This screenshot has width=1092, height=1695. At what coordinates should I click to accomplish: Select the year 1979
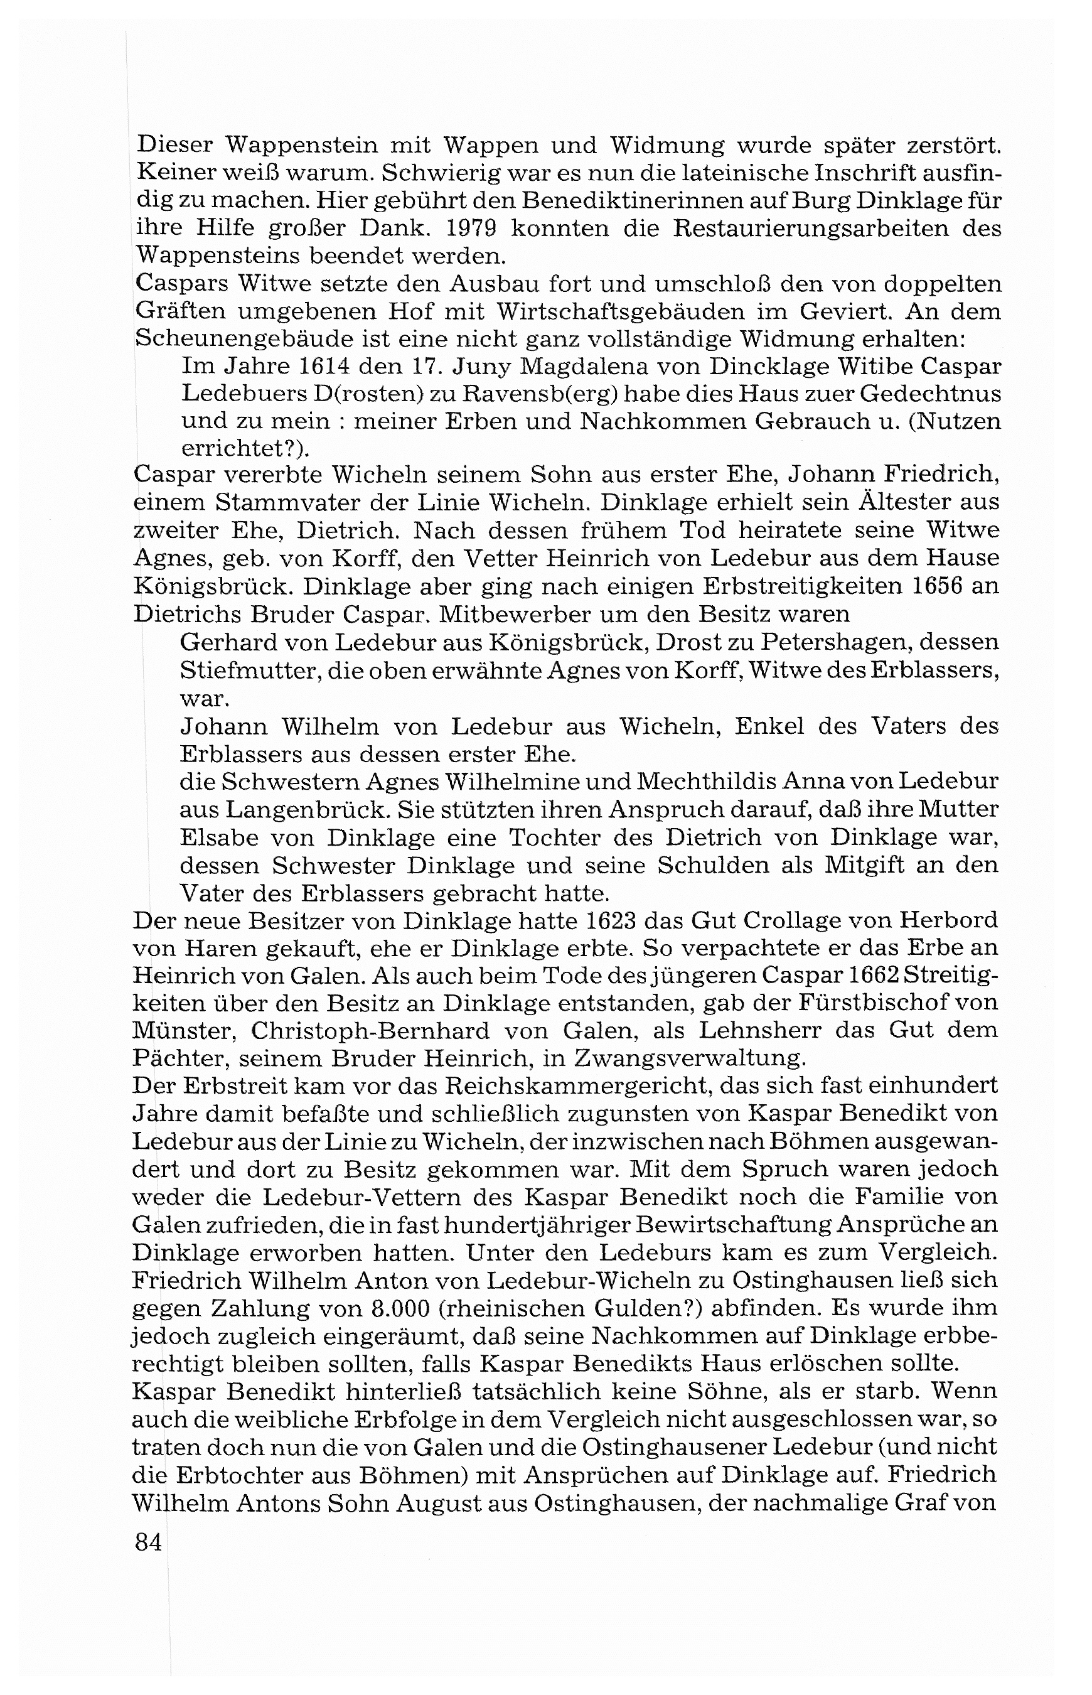pos(459,229)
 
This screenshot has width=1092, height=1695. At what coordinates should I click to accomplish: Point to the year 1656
pos(930,586)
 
